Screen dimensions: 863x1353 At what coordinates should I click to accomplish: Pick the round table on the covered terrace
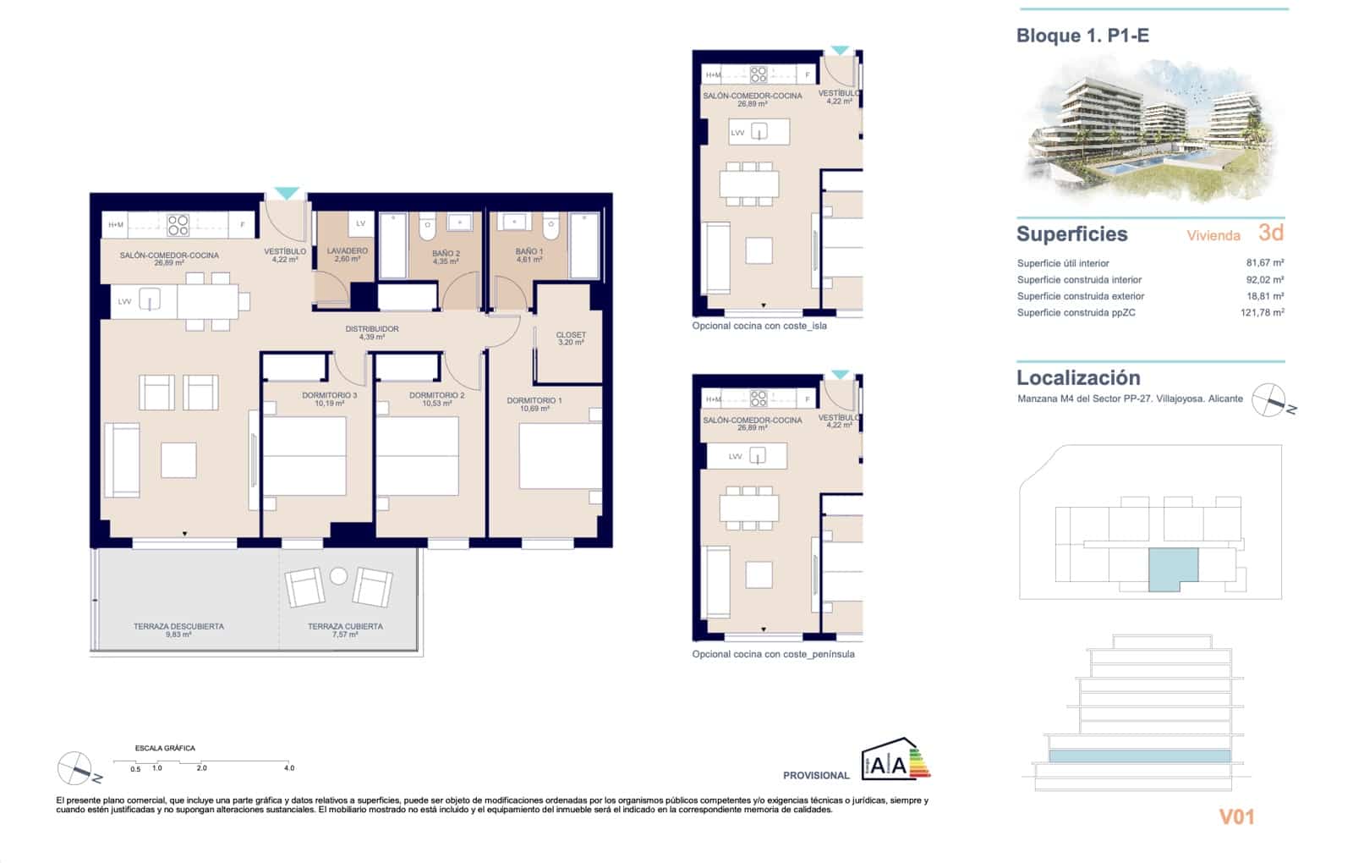tap(338, 576)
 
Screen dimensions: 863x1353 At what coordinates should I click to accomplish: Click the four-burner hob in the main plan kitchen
tap(178, 225)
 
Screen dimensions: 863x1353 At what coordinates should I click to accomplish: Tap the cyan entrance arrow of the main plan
tap(287, 194)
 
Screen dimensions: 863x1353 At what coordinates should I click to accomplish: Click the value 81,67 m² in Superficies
tap(1264, 263)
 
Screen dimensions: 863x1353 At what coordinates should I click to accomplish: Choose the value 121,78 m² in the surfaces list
tap(1262, 312)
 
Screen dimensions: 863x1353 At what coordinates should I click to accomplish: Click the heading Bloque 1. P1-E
tap(1082, 36)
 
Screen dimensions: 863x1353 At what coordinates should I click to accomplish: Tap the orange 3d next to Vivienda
tap(1270, 233)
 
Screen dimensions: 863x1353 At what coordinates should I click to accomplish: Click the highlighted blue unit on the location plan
tap(1171, 568)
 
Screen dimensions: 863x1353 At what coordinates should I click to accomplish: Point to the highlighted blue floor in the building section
tap(1139, 756)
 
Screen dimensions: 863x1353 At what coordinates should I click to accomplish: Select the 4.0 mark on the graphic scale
tap(289, 768)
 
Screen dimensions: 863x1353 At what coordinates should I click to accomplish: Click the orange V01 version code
tap(1236, 816)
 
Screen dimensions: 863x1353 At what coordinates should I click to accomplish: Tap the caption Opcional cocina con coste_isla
tap(759, 326)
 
